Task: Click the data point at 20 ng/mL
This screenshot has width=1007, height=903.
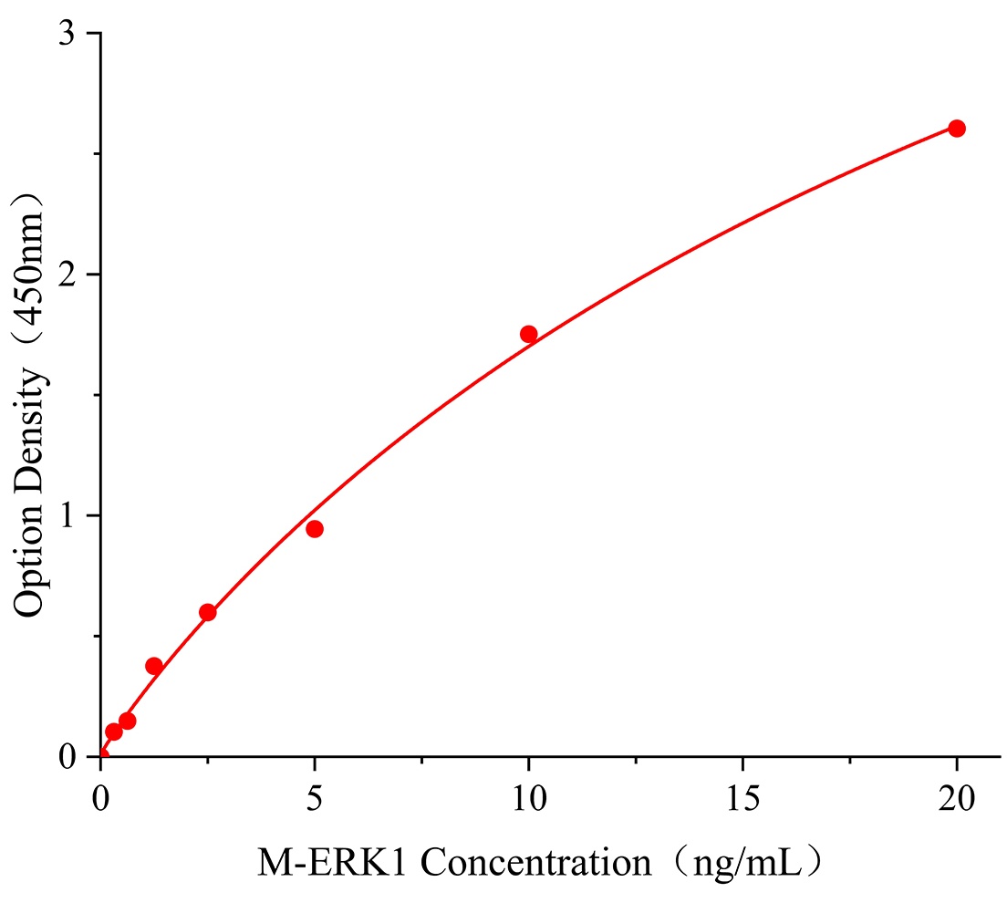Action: [x=956, y=129]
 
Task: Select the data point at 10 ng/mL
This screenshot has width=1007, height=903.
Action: [x=528, y=334]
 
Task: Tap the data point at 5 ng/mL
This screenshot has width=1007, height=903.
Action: [x=315, y=529]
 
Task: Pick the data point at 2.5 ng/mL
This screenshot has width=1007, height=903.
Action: [x=208, y=612]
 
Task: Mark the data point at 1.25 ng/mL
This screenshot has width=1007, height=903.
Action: [x=154, y=666]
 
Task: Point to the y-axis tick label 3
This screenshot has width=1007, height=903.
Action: [x=67, y=35]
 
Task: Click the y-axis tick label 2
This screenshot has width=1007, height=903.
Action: [x=67, y=275]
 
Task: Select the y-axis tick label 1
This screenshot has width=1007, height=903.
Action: [x=67, y=516]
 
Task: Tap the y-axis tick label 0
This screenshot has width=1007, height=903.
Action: [x=67, y=757]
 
